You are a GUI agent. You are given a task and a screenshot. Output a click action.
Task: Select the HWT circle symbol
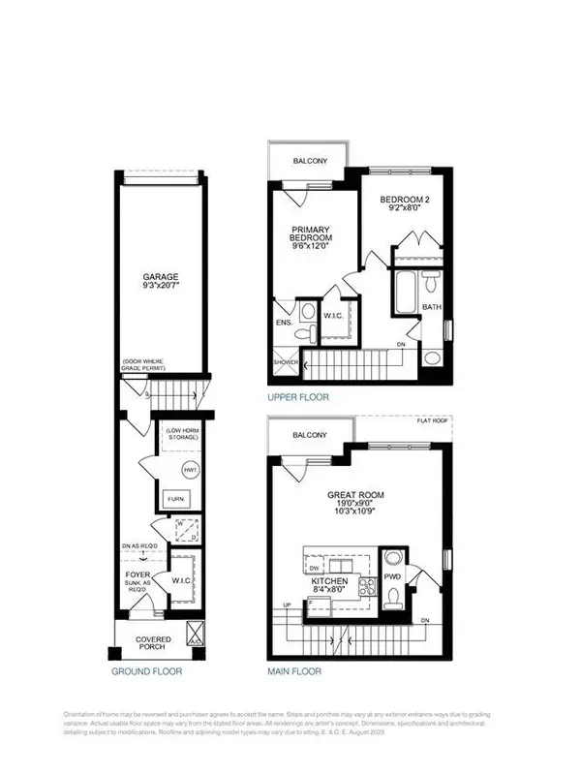(x=189, y=470)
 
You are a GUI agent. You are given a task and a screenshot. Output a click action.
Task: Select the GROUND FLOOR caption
(x=145, y=670)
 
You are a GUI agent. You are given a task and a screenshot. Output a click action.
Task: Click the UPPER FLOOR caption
(x=298, y=397)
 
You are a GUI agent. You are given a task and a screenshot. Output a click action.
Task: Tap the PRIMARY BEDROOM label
(x=312, y=234)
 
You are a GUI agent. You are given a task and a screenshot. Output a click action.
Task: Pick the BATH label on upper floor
(x=431, y=307)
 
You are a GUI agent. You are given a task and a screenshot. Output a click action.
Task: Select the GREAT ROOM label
(x=357, y=495)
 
